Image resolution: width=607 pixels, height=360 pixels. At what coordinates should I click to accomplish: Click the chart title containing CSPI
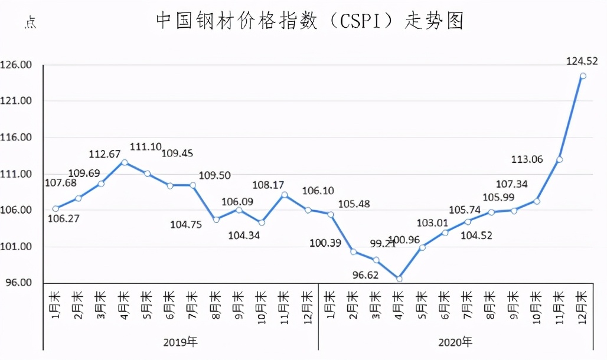point(309,21)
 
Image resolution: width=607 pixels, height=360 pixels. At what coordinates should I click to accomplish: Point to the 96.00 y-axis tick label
point(18,283)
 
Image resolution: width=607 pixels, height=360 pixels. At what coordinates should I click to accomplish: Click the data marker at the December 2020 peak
point(583,76)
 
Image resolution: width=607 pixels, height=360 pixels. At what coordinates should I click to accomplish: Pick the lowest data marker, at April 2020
point(399,279)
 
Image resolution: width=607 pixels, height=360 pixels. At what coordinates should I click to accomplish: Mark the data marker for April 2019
point(124,162)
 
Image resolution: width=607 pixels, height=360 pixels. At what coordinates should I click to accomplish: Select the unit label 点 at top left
point(30,24)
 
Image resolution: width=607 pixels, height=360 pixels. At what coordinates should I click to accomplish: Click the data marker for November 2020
point(559,159)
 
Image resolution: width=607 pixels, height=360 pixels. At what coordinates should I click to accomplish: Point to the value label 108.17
point(269,185)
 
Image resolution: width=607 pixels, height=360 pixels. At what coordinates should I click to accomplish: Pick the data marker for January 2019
point(56,208)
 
